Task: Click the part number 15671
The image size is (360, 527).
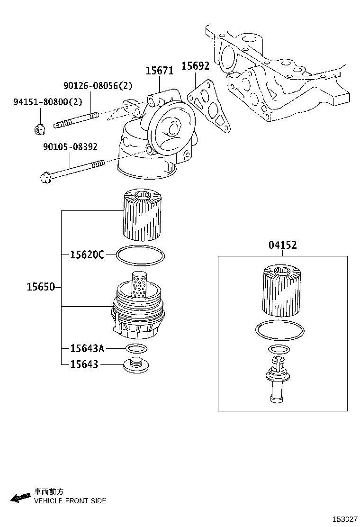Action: click(159, 71)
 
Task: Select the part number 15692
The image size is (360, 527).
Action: click(195, 66)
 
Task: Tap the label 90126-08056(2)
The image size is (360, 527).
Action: click(98, 85)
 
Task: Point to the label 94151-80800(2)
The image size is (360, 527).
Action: click(41, 102)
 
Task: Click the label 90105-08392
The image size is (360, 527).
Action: click(69, 147)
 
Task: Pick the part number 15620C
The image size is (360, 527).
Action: click(87, 255)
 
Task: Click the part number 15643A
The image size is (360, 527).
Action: click(87, 349)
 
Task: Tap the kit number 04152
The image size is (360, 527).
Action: click(282, 245)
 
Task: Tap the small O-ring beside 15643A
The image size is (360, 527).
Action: click(136, 349)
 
